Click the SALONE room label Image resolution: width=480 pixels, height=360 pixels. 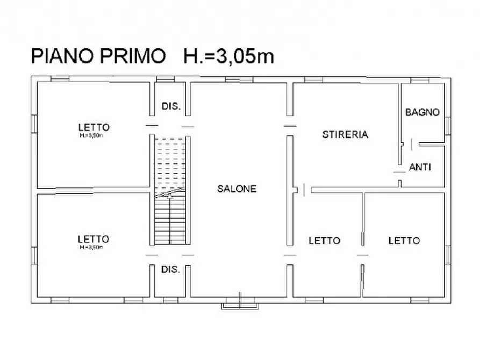point(237,189)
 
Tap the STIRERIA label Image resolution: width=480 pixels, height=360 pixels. point(345,135)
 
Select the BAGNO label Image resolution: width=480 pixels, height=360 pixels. point(422,112)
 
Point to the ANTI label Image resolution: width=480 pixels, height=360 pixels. point(420,167)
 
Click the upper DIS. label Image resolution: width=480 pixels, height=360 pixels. point(171,106)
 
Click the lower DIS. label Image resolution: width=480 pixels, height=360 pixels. point(170,269)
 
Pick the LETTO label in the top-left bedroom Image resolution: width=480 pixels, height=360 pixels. point(94,127)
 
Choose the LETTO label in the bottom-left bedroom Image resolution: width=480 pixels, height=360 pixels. point(93,239)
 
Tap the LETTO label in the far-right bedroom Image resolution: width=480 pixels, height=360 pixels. point(404,240)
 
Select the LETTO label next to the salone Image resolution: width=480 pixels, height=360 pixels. point(324,240)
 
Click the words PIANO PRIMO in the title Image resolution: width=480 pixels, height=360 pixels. point(98,56)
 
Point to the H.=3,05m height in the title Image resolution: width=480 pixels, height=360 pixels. point(228,56)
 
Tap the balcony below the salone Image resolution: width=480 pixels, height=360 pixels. point(240,304)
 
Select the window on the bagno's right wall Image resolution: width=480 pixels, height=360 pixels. point(447,124)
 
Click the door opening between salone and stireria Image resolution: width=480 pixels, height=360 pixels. point(290,126)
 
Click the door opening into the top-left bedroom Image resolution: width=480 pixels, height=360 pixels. point(152,126)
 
